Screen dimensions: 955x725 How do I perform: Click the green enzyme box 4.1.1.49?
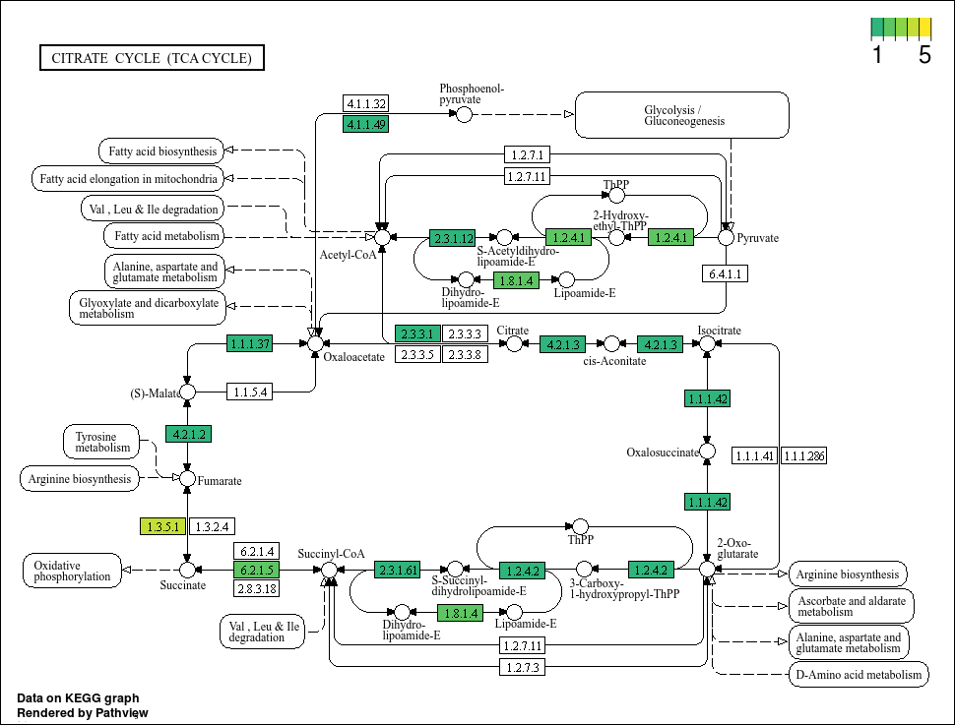pos(366,124)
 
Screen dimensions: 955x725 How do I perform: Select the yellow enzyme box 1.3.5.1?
pos(162,526)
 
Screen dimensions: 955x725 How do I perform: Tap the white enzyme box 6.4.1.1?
pos(725,273)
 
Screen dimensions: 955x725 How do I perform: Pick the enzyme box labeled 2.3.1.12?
pos(453,238)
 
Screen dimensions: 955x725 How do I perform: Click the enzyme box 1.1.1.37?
pos(250,343)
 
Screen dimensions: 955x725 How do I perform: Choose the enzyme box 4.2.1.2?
pos(189,434)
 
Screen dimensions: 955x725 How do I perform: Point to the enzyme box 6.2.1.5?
pos(256,570)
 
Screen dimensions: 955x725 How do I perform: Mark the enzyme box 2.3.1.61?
pos(397,570)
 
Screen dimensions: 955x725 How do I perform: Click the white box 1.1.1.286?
pos(804,455)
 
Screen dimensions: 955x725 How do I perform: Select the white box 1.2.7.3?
pos(523,667)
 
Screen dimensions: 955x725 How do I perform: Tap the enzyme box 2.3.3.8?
pos(466,354)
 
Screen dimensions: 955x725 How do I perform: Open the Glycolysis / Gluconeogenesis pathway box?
pos(682,115)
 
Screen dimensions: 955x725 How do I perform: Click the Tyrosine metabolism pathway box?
pos(101,442)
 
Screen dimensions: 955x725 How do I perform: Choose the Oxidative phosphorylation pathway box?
pos(73,571)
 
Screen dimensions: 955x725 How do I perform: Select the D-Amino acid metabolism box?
pos(859,675)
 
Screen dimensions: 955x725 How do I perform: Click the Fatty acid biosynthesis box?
pos(161,151)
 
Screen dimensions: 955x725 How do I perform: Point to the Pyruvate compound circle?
pos(726,237)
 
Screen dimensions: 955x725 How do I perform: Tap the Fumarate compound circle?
pos(188,478)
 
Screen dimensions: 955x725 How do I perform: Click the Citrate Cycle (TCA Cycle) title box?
pos(152,58)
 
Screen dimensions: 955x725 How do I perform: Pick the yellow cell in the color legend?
pos(925,28)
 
